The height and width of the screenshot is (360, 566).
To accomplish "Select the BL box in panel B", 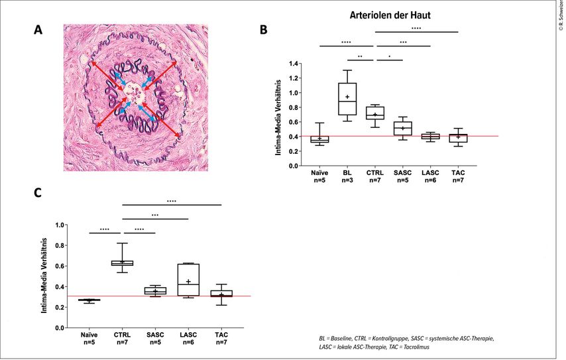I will click(347, 99).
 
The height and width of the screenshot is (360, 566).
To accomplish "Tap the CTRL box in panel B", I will click(375, 113).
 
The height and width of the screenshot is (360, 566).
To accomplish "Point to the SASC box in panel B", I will click(402, 128).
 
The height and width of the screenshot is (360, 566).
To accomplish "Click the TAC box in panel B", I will click(458, 138).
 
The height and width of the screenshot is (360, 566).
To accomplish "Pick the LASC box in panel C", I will click(189, 279).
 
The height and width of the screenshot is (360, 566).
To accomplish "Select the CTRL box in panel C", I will click(122, 263).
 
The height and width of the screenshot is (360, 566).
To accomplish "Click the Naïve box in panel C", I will click(88, 300).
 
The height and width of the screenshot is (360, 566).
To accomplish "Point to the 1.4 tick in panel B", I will click(292, 64).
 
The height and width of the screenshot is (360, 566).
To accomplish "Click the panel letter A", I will click(39, 30).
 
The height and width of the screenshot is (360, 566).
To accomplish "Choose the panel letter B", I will click(263, 30).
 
